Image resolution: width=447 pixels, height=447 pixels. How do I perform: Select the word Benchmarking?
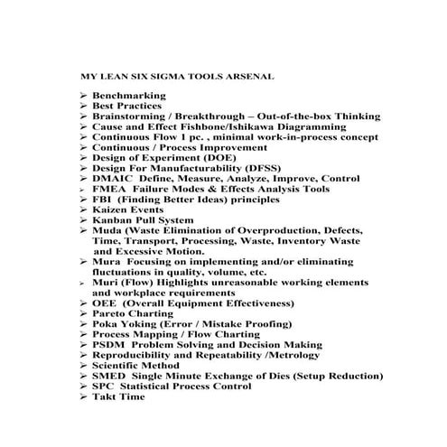click(x=127, y=95)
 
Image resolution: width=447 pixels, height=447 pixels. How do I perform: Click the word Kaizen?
click(x=113, y=210)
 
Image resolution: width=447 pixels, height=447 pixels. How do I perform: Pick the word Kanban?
click(x=114, y=220)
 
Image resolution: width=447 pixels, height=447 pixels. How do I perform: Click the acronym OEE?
click(x=105, y=303)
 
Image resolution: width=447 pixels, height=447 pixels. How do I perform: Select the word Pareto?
click(x=112, y=314)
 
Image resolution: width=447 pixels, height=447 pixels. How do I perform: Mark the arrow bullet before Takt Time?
click(x=82, y=396)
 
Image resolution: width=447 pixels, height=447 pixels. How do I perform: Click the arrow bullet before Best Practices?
click(x=82, y=106)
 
